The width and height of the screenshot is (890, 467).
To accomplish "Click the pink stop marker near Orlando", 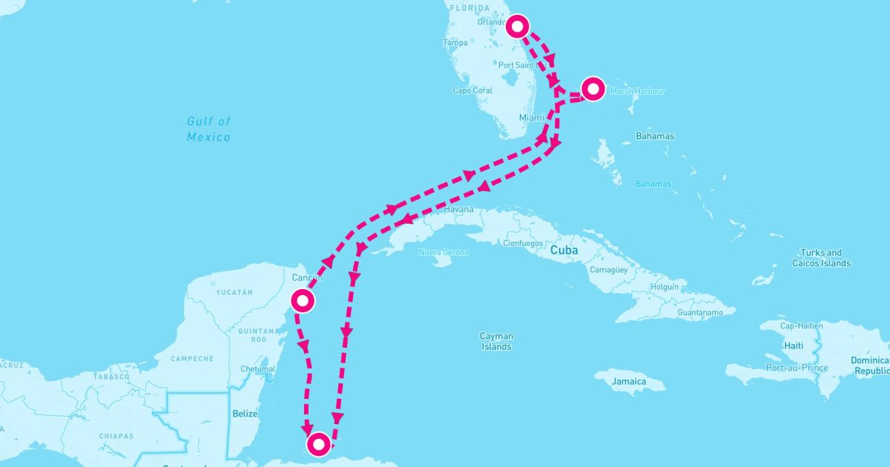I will click(x=518, y=27).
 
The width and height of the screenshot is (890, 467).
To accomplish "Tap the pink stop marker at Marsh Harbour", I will click(x=593, y=89).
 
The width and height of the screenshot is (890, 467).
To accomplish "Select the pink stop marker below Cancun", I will click(x=303, y=300).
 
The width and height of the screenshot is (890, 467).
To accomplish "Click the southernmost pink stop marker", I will click(x=318, y=444).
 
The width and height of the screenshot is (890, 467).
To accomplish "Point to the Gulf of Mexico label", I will click(x=208, y=129).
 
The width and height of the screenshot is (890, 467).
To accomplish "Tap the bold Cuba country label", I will click(x=564, y=251).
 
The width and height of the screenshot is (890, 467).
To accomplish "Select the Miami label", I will click(x=531, y=118).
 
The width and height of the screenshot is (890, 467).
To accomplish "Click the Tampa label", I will click(x=455, y=43).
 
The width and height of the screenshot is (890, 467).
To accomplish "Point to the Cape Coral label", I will click(x=472, y=91).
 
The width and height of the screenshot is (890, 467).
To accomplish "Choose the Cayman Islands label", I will click(x=496, y=341).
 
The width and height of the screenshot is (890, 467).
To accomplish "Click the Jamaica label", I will click(x=629, y=381).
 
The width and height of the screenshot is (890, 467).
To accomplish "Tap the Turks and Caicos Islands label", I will click(x=821, y=258).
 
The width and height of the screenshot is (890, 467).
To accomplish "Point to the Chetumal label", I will click(x=259, y=369).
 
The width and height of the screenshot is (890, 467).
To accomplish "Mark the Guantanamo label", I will click(x=700, y=313).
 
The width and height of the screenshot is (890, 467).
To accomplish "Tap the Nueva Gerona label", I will click(x=444, y=253).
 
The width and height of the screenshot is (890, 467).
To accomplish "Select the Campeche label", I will click(x=192, y=359).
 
